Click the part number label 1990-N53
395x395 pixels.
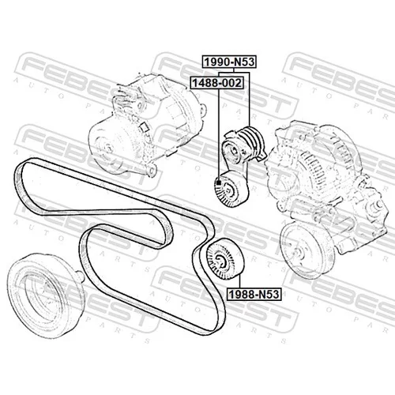(x=229, y=62)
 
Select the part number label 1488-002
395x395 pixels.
(x=216, y=83)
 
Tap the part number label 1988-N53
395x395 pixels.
(x=254, y=294)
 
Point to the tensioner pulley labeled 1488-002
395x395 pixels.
(x=231, y=189)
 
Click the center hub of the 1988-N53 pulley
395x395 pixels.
(x=220, y=261)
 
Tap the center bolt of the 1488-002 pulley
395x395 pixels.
(x=228, y=189)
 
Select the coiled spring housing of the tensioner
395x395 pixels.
(x=252, y=141)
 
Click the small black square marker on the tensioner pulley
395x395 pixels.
(x=219, y=182)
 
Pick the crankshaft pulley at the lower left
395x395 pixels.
(x=43, y=295)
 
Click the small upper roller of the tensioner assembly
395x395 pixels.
(x=232, y=149)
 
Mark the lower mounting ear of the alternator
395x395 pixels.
(x=151, y=170)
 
